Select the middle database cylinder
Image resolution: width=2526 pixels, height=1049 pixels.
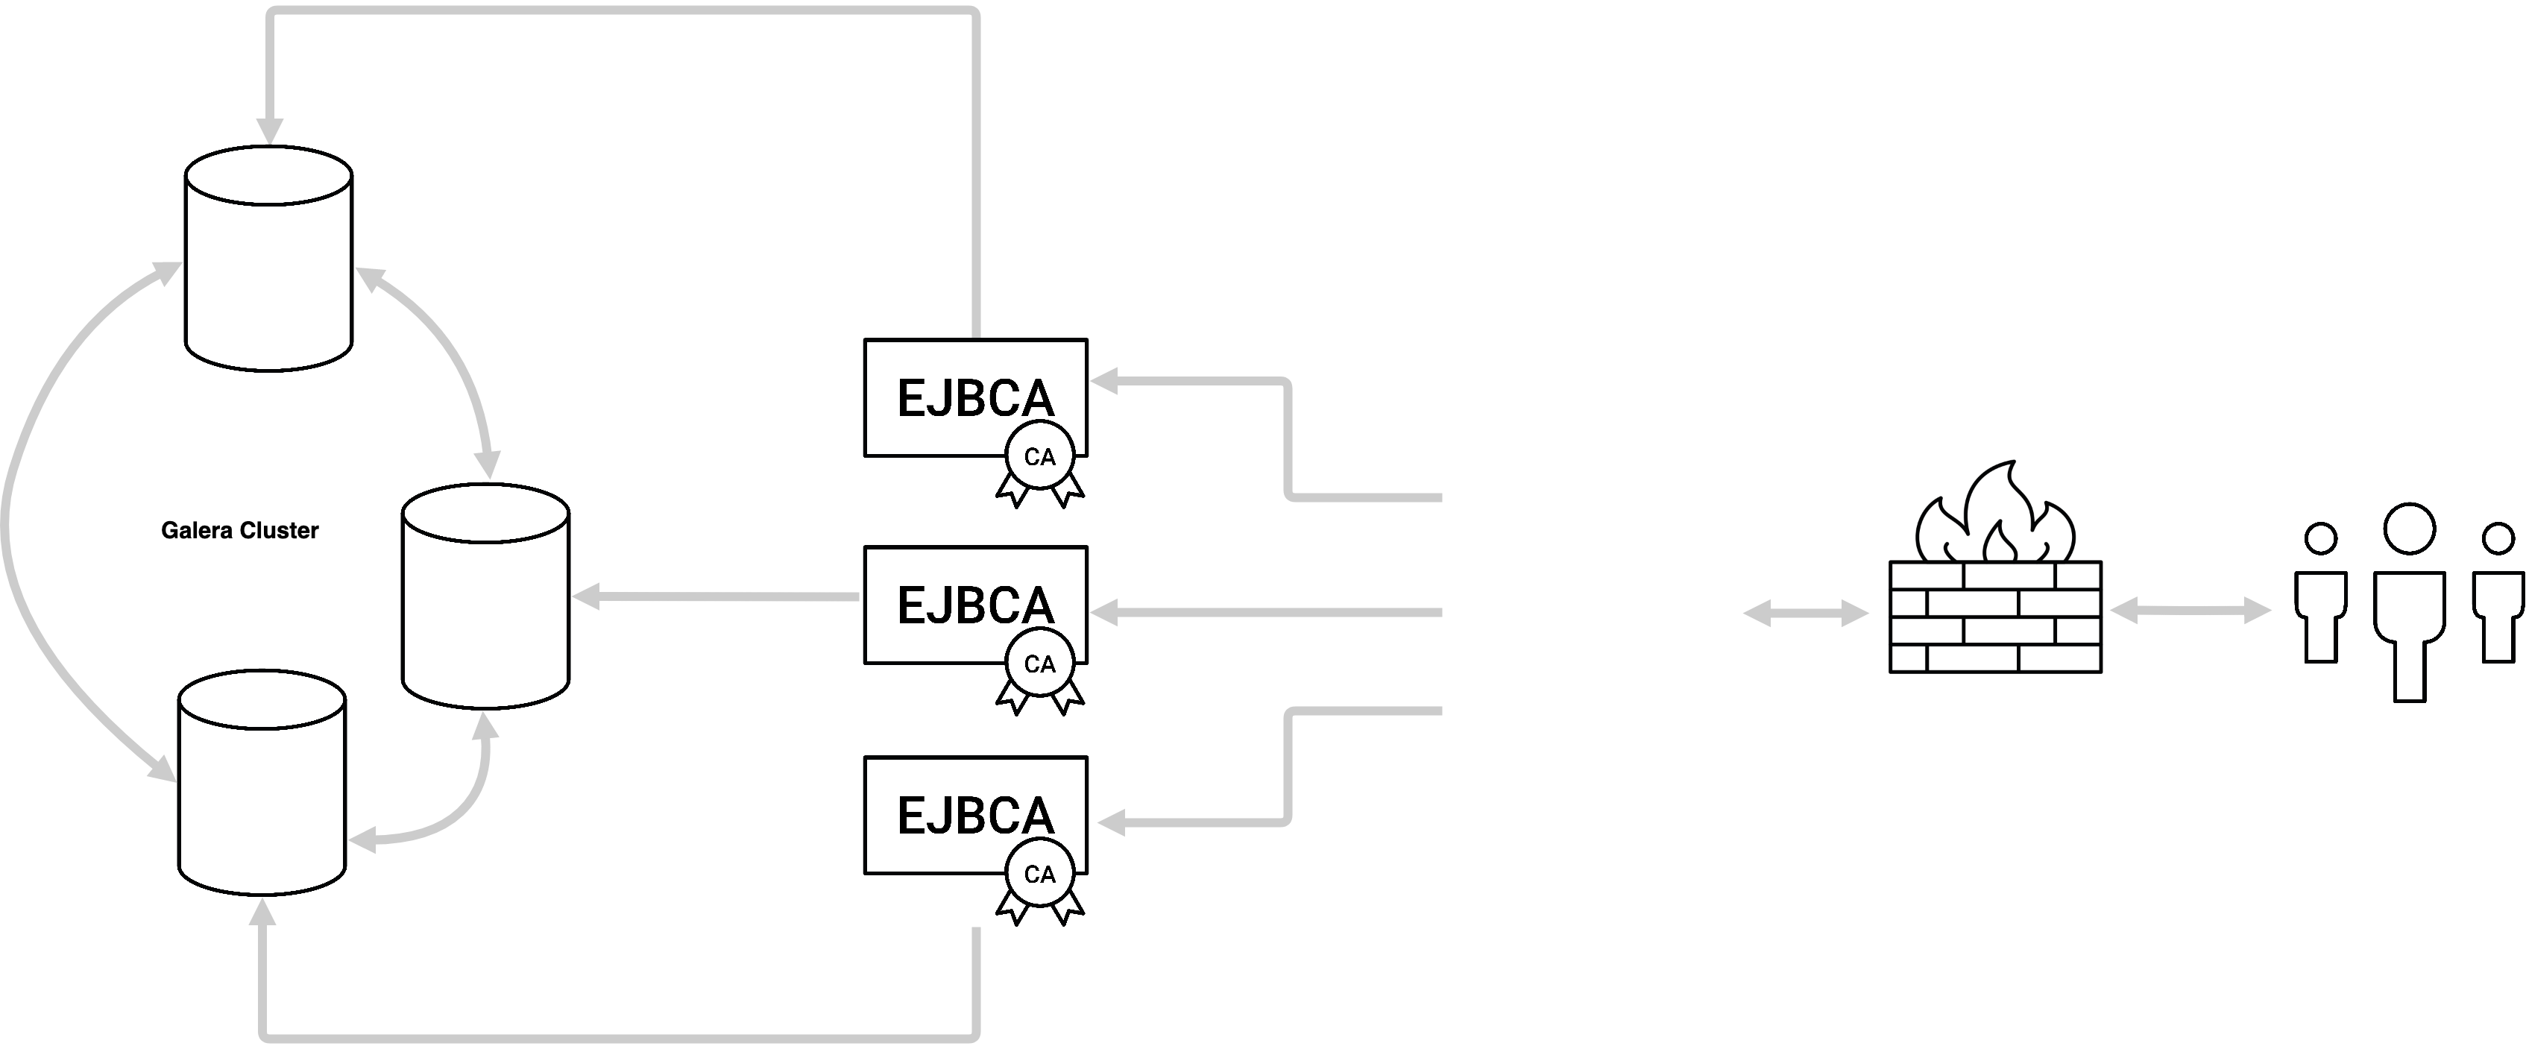(x=486, y=598)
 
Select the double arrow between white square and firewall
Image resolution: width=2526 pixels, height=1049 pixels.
(x=1805, y=614)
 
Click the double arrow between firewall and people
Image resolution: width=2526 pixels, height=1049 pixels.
(x=2189, y=612)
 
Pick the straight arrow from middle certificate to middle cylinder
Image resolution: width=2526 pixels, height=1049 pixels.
(x=716, y=596)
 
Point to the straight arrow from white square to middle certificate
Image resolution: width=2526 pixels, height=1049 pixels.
(x=1265, y=614)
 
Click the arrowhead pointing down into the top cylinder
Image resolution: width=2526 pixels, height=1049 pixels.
(x=270, y=133)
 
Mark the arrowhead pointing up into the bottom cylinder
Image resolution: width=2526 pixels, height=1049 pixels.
(x=262, y=912)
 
